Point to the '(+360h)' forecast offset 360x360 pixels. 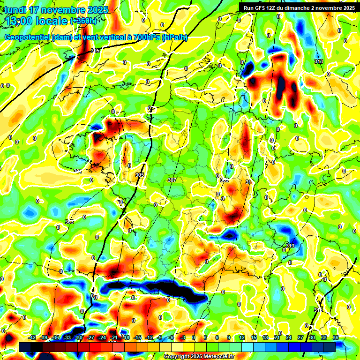point(83,21)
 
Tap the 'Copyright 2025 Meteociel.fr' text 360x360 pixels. point(199,356)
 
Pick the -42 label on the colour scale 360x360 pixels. point(32,337)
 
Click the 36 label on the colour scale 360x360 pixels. point(336,337)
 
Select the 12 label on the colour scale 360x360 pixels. point(242,337)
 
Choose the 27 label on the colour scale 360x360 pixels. point(300,337)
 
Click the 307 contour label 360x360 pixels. point(172,180)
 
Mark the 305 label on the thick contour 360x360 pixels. point(140,175)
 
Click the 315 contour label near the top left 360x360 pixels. point(95,51)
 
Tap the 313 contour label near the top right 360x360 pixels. point(319,61)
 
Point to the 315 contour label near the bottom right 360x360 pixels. point(318,310)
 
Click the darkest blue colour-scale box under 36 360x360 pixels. point(330,347)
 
